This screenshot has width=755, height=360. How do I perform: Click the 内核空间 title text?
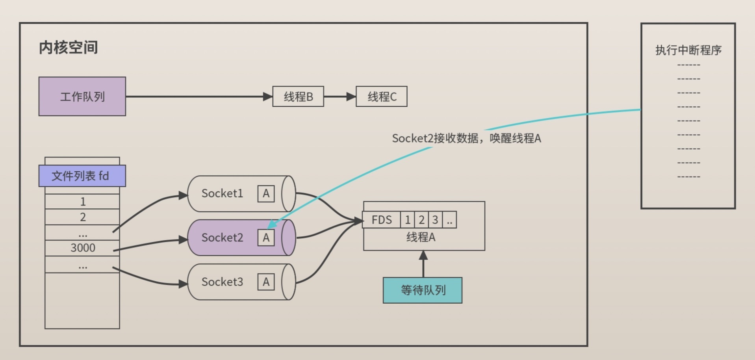click(x=68, y=47)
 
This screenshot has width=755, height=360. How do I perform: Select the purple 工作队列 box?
click(x=82, y=96)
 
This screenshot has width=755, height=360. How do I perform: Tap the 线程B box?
click(x=298, y=96)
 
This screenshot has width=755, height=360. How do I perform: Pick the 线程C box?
click(x=381, y=96)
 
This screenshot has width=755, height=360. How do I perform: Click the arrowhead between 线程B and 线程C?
click(x=351, y=96)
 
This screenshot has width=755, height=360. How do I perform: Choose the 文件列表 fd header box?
click(x=82, y=176)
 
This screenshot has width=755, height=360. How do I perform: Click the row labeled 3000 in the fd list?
click(x=82, y=248)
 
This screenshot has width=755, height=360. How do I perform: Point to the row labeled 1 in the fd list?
click(x=82, y=202)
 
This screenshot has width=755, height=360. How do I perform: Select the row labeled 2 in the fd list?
click(x=82, y=217)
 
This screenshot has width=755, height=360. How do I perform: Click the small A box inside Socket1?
click(x=266, y=194)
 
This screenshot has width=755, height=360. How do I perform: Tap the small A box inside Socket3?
click(x=266, y=282)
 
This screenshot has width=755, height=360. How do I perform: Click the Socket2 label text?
click(x=222, y=238)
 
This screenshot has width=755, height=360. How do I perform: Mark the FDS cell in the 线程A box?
click(x=381, y=220)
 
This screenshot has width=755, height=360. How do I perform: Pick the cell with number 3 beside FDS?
click(x=435, y=220)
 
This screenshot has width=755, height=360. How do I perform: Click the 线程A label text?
click(x=421, y=237)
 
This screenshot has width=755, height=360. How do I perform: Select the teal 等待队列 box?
click(x=423, y=290)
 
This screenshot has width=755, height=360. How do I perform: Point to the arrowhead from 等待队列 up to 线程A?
click(x=423, y=256)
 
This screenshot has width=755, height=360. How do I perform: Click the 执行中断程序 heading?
click(x=688, y=50)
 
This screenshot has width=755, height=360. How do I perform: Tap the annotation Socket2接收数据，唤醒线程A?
click(x=466, y=138)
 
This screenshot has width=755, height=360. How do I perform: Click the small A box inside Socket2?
click(x=266, y=238)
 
